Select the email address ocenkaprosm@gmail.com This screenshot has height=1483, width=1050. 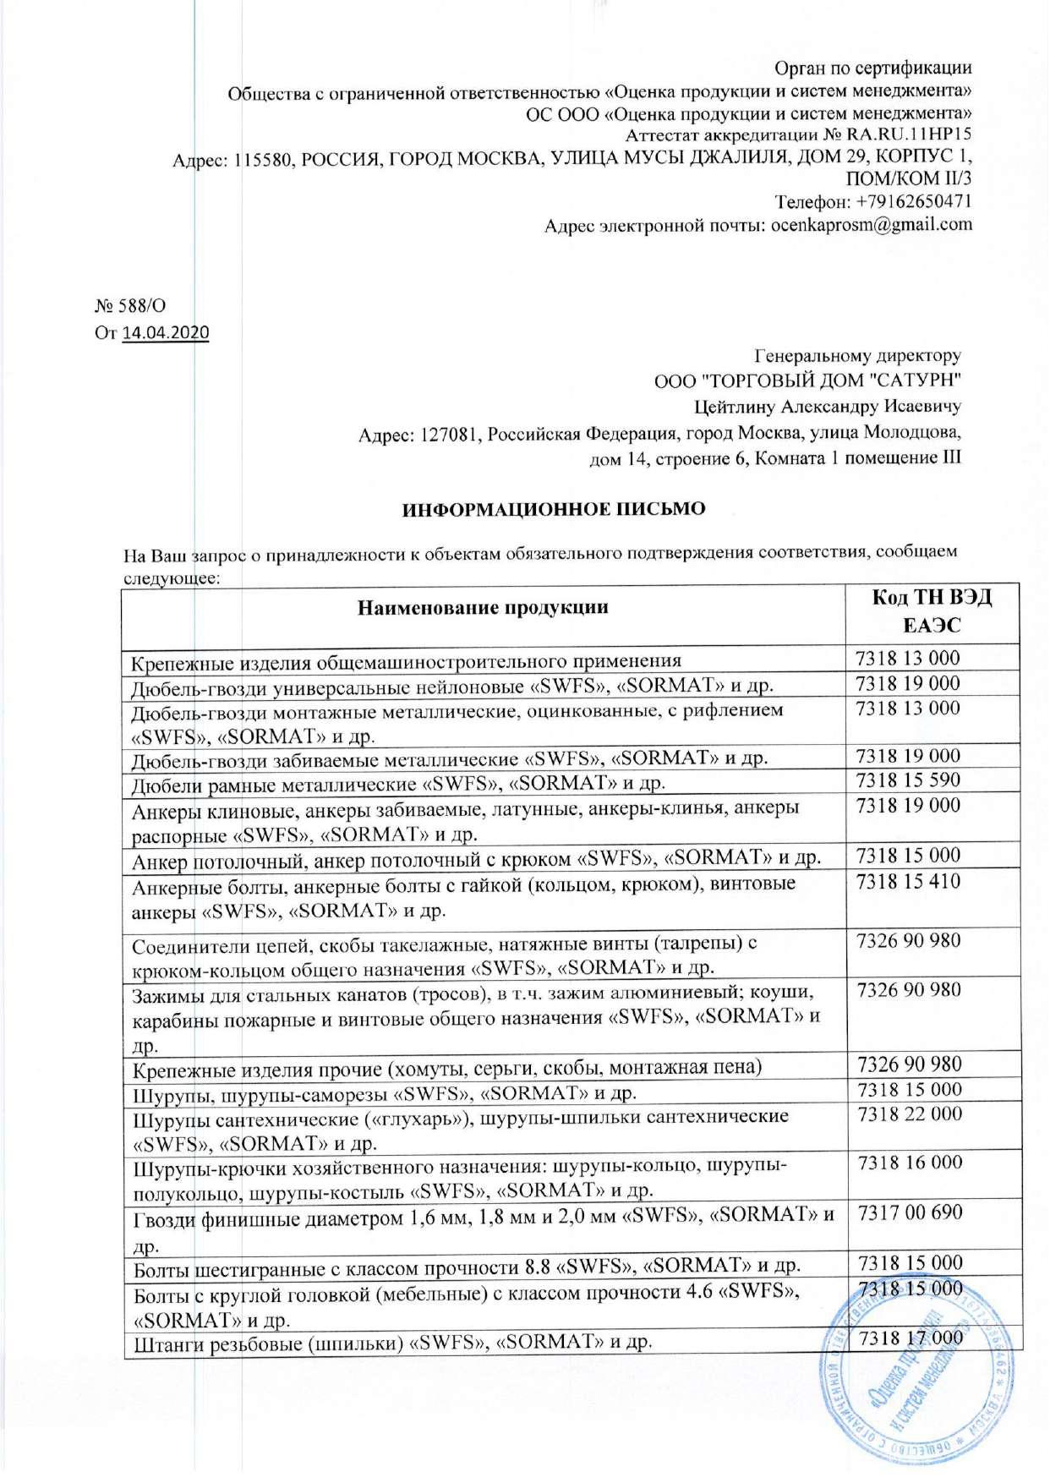tap(872, 225)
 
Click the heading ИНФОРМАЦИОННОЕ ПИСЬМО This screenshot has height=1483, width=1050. tap(553, 510)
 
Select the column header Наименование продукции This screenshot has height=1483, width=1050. tap(483, 608)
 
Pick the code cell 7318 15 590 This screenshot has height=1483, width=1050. tap(908, 780)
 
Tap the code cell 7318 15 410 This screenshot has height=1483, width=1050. tap(908, 882)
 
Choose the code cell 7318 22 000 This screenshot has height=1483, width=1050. tap(909, 1114)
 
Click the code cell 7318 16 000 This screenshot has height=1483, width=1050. tap(909, 1163)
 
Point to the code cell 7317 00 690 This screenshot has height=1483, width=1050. tap(910, 1212)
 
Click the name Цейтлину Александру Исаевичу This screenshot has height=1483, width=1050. tap(827, 407)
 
